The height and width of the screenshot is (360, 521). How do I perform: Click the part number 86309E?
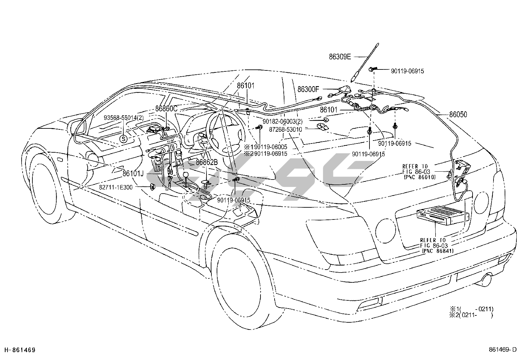(x=340, y=57)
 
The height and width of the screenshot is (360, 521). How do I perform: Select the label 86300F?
(x=308, y=89)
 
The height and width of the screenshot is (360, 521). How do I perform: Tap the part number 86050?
(x=458, y=115)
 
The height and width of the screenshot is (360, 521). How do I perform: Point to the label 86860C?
(x=166, y=108)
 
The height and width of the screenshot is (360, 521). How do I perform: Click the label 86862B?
(x=207, y=162)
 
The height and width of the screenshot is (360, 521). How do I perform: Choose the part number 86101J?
(x=133, y=173)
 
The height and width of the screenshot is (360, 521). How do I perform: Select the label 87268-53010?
(x=285, y=129)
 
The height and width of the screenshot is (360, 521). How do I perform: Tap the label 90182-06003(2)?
(x=282, y=121)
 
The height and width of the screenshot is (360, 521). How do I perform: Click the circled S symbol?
(x=123, y=139)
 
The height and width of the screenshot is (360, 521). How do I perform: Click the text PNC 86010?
(x=420, y=177)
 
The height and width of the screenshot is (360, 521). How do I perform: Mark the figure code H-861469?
(x=19, y=350)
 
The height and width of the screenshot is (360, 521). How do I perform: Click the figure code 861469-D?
(x=502, y=350)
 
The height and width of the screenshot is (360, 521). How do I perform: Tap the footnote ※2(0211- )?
(x=471, y=315)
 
